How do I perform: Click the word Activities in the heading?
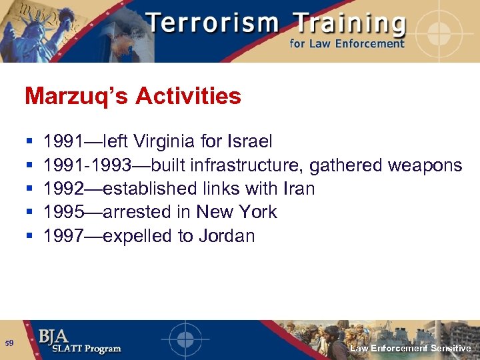(188, 97)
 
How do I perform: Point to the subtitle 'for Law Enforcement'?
(347, 44)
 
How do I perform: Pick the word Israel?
(251, 141)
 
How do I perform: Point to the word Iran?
(298, 189)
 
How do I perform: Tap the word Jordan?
(227, 235)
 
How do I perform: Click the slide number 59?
(9, 343)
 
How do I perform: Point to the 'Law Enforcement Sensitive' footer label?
(411, 348)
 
